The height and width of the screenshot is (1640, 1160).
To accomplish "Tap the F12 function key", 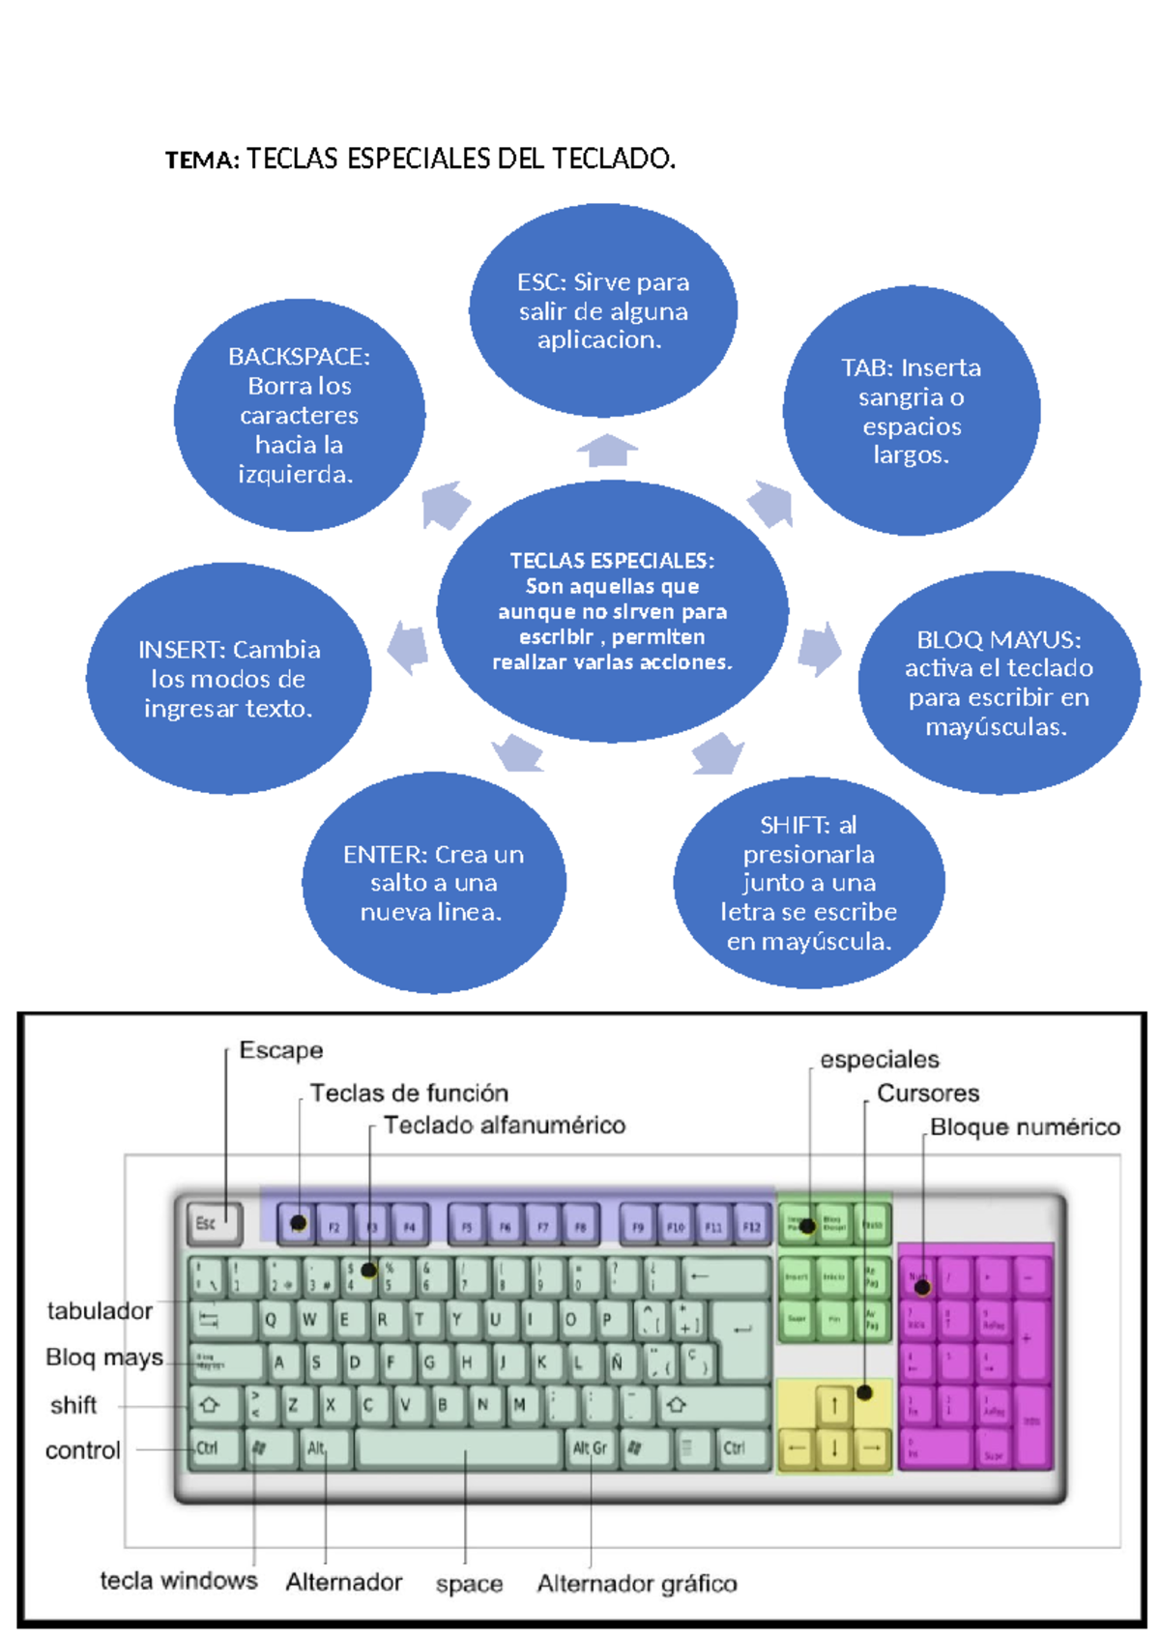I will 751,1226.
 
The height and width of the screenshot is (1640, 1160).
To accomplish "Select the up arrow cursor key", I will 833,1406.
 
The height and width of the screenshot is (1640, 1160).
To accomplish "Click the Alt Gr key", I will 590,1449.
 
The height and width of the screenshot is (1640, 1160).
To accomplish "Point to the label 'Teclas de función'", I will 409,1093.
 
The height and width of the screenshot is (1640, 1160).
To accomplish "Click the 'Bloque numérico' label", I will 1025,1127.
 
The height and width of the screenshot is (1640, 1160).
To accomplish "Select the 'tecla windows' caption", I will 179,1580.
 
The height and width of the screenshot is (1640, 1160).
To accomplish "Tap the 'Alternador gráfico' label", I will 637,1583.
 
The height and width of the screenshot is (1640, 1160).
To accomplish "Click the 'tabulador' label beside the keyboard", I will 100,1310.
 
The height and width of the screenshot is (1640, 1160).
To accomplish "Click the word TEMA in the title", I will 200,161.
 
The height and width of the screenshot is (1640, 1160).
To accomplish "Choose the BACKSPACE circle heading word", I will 298,357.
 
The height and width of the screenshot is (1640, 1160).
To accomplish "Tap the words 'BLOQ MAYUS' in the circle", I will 998,640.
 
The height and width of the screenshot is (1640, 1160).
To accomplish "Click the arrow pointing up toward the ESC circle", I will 607,451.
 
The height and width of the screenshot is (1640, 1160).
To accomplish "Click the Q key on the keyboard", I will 272,1319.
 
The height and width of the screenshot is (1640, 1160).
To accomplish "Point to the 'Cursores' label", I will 927,1093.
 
